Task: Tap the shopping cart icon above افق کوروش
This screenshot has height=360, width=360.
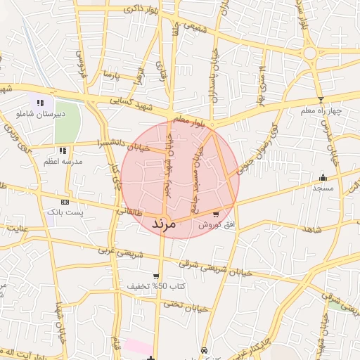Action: pyautogui.click(x=215, y=213)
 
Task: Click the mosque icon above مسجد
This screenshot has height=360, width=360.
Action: pyautogui.click(x=323, y=176)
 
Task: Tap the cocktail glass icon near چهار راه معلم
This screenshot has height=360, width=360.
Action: pyautogui.click(x=321, y=99)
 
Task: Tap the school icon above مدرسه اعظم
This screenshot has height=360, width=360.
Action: pyautogui.click(x=63, y=150)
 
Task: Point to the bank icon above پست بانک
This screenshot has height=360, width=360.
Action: pyautogui.click(x=65, y=202)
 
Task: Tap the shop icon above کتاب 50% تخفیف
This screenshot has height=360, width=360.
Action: pyautogui.click(x=156, y=276)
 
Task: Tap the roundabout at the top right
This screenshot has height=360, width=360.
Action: pyautogui.click(x=309, y=53)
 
